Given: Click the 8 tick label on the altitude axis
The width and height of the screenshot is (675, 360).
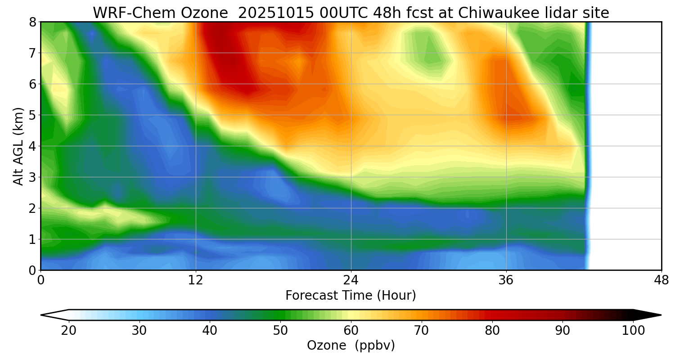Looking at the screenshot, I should [x=33, y=22].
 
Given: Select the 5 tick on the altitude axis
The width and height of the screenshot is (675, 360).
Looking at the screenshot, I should [x=33, y=115].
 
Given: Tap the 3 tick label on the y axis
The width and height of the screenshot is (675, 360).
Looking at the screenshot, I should [x=33, y=177].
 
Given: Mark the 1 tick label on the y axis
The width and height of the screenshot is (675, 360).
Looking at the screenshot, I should [x=33, y=239].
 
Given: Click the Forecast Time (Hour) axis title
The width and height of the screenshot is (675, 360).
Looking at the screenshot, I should [x=351, y=296].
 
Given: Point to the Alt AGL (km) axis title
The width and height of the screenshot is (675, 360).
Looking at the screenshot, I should [x=18, y=146].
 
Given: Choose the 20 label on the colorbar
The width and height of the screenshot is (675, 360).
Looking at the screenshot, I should [x=68, y=331].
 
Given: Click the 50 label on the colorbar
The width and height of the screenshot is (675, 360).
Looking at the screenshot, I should [x=280, y=331].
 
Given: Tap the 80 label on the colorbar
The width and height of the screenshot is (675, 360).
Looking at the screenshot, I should [x=492, y=331].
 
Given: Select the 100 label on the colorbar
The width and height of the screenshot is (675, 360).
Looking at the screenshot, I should [x=633, y=331].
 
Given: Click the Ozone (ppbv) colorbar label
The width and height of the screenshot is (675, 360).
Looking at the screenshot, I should [x=351, y=346].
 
